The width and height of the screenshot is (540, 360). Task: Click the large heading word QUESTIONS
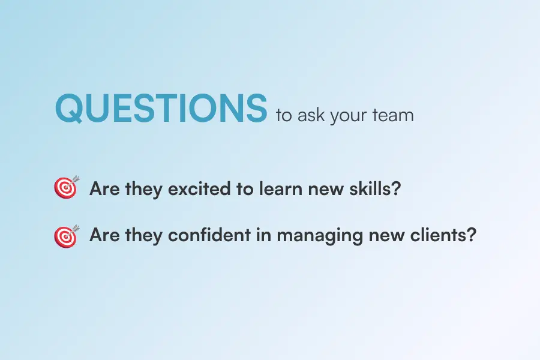(161, 108)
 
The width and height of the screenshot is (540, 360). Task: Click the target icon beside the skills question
(67, 187)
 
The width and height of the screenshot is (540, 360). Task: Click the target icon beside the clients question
(67, 236)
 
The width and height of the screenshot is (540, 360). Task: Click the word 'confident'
(209, 235)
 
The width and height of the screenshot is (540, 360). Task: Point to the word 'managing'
(320, 236)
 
